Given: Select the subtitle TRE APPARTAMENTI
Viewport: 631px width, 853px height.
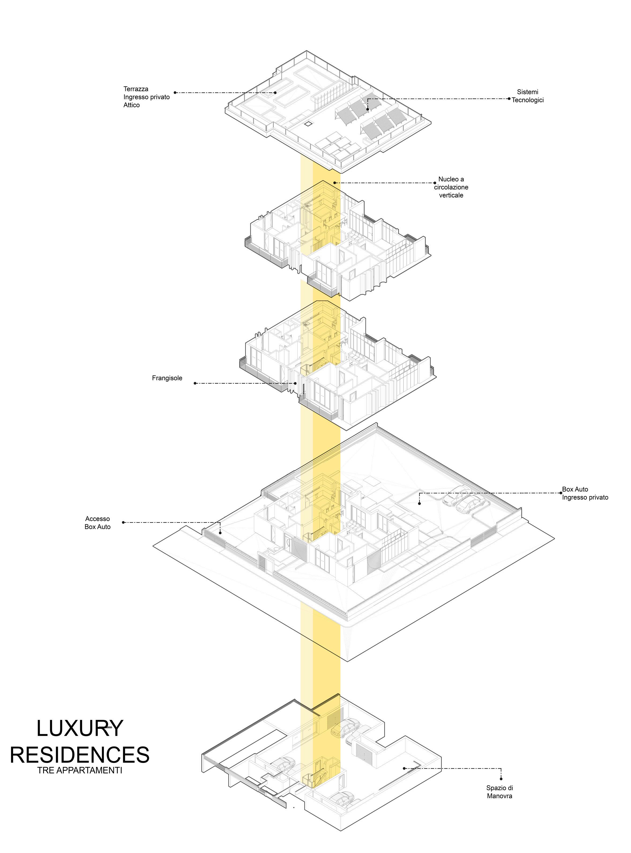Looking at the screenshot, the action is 80,770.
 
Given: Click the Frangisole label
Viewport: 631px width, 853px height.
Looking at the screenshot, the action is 167,378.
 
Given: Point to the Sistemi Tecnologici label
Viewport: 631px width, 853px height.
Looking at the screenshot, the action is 528,96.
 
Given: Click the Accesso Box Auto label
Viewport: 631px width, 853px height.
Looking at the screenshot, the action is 98,522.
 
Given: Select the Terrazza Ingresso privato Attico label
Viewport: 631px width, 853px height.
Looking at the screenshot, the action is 146,97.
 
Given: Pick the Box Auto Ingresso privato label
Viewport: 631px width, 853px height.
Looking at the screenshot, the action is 585,493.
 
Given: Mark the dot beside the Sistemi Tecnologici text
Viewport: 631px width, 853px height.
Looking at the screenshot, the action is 509,99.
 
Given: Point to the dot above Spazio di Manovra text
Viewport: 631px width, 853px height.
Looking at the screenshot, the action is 501,778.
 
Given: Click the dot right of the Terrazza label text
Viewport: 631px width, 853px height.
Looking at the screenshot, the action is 175,92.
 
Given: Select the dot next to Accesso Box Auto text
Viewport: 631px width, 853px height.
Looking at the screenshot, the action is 123,522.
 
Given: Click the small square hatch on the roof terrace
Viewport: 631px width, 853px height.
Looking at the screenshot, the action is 308,124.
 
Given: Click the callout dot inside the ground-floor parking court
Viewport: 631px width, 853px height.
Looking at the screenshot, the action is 419,504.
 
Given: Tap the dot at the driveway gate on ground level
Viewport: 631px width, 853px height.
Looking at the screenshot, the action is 221,533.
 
